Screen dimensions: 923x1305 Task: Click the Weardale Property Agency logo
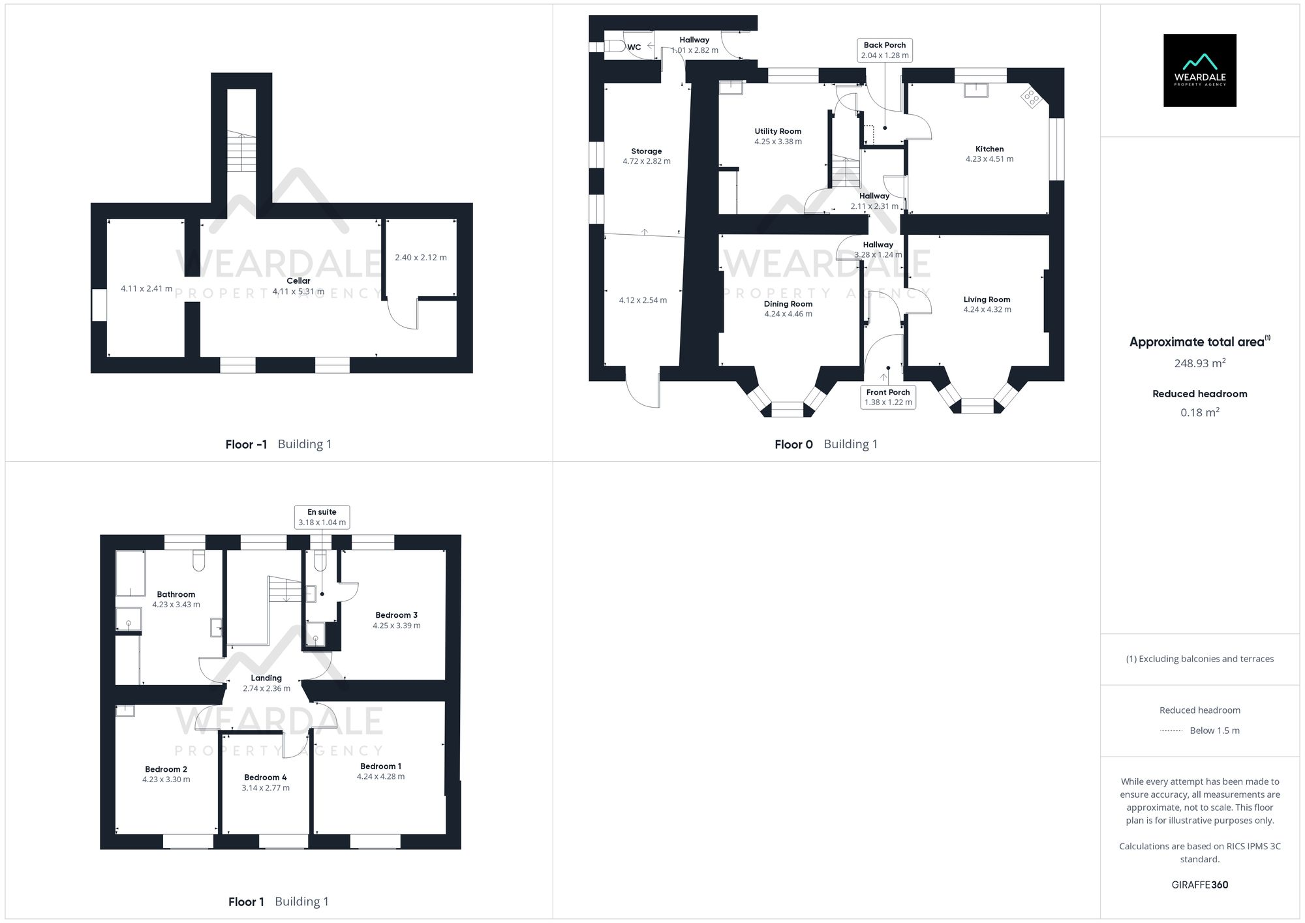click(1199, 70)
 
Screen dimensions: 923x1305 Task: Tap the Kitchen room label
click(989, 149)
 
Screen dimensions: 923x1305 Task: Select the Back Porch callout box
click(884, 50)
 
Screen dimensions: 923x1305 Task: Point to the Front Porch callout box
click(887, 397)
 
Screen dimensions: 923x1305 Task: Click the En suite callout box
click(322, 517)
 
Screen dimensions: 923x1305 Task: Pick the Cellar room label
click(298, 281)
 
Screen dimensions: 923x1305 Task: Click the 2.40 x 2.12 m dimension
click(420, 258)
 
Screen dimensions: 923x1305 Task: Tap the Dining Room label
click(788, 304)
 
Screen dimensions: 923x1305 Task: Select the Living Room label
click(987, 300)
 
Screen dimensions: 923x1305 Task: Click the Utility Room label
click(778, 132)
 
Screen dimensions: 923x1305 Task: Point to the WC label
click(634, 48)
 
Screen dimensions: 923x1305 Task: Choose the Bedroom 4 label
click(265, 778)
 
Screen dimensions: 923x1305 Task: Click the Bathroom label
click(176, 595)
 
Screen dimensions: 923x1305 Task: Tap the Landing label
click(266, 678)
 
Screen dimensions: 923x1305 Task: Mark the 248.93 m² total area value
click(1199, 364)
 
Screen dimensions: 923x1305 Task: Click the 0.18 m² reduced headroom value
click(1199, 413)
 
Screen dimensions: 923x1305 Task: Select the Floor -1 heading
click(246, 445)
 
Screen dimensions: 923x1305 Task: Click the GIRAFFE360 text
click(1199, 885)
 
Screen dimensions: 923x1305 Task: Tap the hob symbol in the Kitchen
click(1031, 98)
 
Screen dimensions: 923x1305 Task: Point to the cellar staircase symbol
click(241, 152)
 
